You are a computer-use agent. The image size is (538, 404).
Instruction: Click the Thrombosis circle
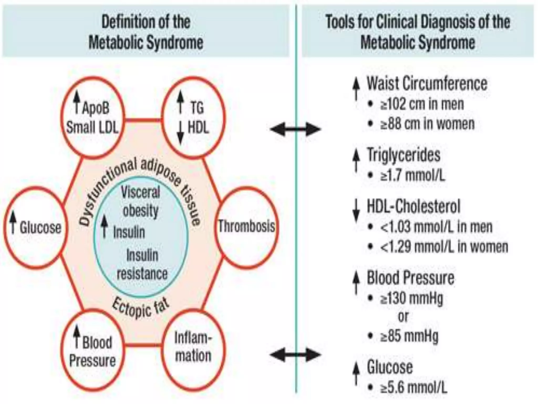[246, 227]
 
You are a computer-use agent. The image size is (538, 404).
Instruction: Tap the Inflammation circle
[193, 347]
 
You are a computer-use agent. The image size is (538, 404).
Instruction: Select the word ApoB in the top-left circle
[96, 108]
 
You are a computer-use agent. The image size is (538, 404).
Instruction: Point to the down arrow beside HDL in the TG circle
[180, 133]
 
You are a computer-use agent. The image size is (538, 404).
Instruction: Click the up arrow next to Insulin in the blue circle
[105, 226]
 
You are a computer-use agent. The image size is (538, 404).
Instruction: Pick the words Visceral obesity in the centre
[141, 201]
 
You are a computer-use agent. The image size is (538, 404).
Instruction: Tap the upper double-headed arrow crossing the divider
[295, 129]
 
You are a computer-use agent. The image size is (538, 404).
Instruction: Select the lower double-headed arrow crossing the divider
[295, 355]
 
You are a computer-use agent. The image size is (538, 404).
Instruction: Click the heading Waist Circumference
[427, 84]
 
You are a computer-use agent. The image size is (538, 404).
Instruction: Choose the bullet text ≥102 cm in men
[422, 104]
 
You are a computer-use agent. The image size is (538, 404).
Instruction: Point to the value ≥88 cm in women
[427, 124]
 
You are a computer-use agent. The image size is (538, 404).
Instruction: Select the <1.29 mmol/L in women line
[444, 247]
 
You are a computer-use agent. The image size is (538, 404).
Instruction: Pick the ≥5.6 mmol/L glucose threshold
[413, 387]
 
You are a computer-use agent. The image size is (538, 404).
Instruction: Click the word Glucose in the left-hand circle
[40, 228]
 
